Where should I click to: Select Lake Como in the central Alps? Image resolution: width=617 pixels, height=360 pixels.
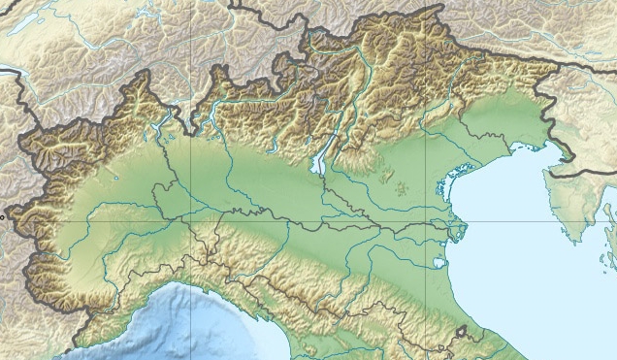(x=214, y=115)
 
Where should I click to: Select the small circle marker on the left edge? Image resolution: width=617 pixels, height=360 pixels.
(x=3, y=218)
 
